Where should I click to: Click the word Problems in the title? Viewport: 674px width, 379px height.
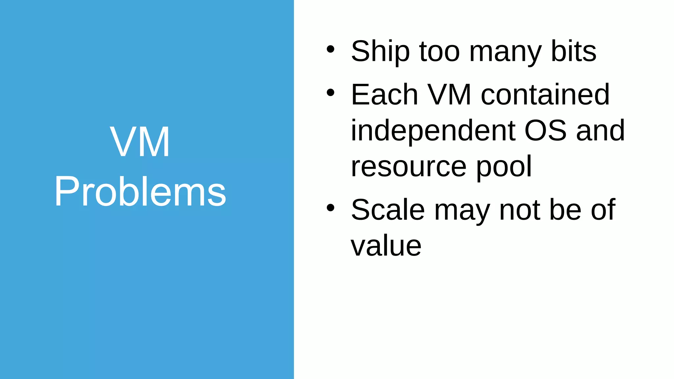140,191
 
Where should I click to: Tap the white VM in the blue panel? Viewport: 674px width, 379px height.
140,142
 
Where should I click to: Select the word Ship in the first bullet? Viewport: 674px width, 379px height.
380,51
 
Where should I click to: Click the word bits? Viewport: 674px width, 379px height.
574,51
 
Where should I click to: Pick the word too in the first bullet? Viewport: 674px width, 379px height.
439,51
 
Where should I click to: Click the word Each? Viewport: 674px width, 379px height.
384,95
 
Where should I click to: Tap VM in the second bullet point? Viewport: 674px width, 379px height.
450,95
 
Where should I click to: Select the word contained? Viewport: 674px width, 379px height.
545,95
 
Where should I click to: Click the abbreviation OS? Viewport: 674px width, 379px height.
545,131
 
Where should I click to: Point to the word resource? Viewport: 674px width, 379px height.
408,166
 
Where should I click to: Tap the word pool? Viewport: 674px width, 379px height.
504,167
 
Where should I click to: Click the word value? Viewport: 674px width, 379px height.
386,246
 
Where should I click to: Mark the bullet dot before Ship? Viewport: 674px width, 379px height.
330,50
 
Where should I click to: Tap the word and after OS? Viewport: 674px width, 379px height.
600,131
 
